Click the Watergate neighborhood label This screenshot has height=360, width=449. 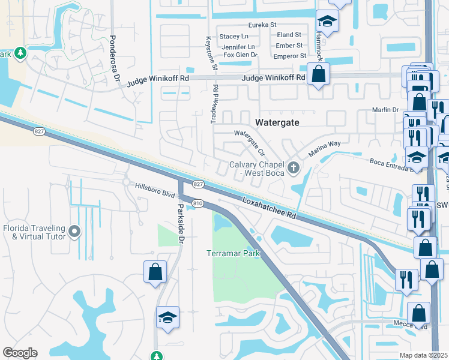[277, 122]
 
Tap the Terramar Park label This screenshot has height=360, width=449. [234, 253]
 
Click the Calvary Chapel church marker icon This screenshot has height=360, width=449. [293, 167]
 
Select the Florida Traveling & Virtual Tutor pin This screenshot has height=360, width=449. [74, 231]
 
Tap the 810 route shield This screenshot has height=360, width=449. [197, 204]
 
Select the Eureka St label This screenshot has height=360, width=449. [264, 25]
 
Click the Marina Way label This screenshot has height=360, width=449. [325, 149]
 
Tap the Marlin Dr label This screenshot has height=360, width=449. [385, 110]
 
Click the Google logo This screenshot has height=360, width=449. [19, 353]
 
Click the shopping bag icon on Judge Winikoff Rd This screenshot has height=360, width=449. [318, 75]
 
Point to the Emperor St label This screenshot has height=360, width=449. [291, 56]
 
